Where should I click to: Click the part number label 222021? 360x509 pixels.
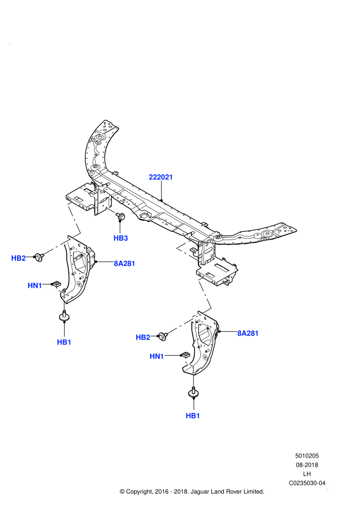160,177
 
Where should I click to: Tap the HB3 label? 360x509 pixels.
121,238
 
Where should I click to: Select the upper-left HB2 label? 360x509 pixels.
19,259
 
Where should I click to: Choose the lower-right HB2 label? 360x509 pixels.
143,338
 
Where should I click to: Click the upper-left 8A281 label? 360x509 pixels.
124,264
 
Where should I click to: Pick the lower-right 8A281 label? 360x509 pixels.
248,333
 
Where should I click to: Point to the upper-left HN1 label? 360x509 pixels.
35,286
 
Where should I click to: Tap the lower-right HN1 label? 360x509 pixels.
157,356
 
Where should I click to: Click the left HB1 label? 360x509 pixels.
64,342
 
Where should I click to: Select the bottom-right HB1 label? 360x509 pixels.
193,416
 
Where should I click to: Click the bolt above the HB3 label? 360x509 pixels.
121,216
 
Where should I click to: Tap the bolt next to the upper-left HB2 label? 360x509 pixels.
40,258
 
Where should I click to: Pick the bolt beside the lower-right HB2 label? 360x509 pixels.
163,336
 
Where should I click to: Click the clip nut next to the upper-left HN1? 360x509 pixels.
57,284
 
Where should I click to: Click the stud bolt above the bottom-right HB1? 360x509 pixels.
193,392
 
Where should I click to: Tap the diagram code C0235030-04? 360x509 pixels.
307,483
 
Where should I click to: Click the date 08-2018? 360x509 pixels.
307,465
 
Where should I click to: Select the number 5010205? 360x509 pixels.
307,456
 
